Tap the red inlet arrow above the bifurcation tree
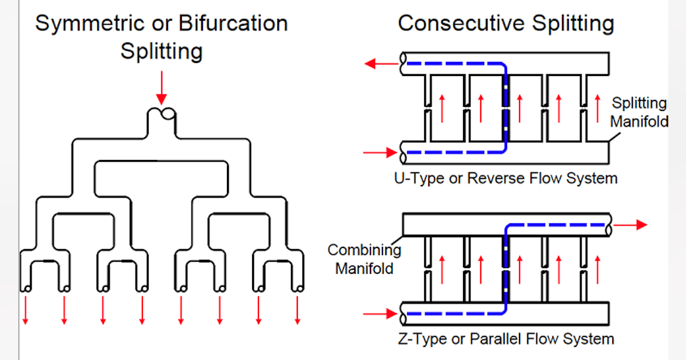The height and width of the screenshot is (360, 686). tap(162, 87)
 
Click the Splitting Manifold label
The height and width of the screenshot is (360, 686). tap(639, 112)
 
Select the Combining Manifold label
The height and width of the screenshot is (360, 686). tap(364, 259)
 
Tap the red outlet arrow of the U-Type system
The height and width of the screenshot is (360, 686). tap(381, 63)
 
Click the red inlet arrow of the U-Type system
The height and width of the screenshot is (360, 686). tap(380, 152)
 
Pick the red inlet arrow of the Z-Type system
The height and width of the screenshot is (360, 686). tap(380, 313)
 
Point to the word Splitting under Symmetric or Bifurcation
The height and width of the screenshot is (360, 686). tap(162, 51)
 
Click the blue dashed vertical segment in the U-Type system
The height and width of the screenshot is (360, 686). tap(505, 109)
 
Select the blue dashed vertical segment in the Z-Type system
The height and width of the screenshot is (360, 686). tap(505, 269)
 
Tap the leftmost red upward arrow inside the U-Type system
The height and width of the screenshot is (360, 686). tap(442, 109)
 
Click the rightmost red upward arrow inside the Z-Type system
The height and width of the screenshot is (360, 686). tap(597, 269)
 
